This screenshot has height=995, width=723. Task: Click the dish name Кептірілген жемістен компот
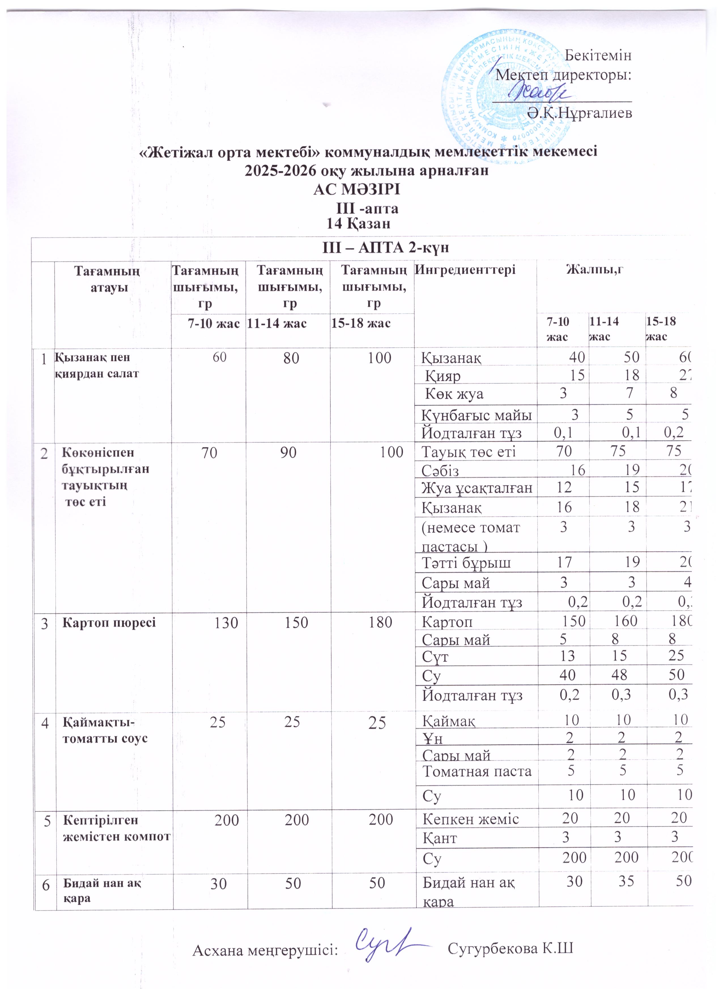pos(116,827)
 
